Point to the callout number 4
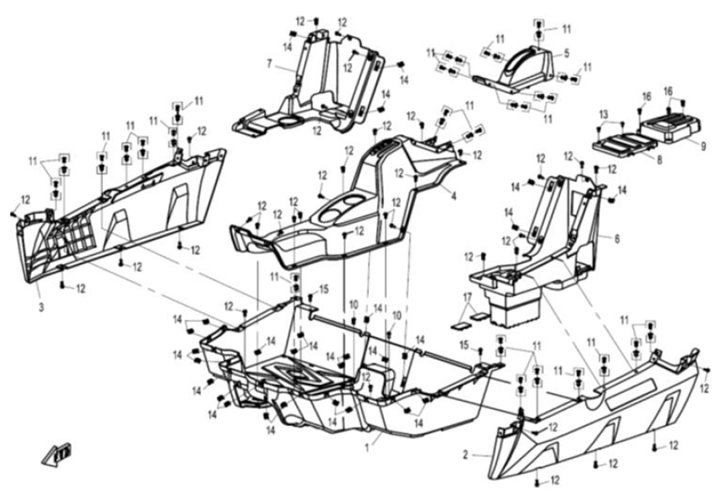pyautogui.click(x=454, y=197)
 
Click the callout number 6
pyautogui.click(x=616, y=238)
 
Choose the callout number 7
pyautogui.click(x=269, y=64)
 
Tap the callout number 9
pyautogui.click(x=703, y=143)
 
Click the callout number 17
pyautogui.click(x=468, y=298)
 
